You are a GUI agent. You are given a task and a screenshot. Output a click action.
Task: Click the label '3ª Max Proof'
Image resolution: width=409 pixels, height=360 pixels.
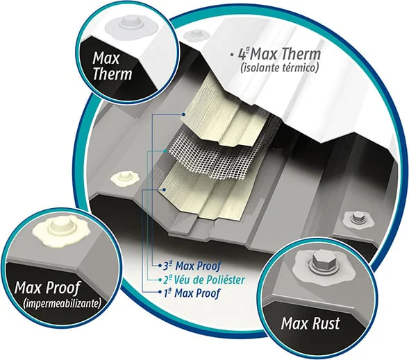[x=192, y=266]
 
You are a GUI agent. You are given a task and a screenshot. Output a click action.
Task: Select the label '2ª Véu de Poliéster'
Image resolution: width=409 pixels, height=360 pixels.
[x=204, y=280]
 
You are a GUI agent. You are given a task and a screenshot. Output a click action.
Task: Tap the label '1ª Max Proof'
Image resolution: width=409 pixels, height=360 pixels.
[x=192, y=293]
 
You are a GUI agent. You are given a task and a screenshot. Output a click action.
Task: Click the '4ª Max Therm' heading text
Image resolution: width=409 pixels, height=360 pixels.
[x=279, y=53]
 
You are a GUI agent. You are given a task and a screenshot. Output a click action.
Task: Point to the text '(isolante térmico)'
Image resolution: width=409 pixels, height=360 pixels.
[x=280, y=68]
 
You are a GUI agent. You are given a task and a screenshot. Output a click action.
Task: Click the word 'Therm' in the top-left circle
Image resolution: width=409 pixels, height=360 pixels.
[x=112, y=74]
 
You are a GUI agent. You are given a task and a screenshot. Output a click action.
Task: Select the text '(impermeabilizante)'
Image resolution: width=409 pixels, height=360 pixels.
[x=62, y=304]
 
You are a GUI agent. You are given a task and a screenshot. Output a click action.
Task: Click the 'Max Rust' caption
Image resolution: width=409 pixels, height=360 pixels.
[x=310, y=323]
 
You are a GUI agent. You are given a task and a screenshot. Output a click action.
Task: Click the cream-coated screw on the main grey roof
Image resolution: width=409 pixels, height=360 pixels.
[x=125, y=179]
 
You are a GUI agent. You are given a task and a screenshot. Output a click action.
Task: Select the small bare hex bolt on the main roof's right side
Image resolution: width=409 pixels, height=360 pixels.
[x=358, y=218]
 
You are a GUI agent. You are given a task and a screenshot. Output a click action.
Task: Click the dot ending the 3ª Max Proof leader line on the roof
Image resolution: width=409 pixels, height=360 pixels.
[x=184, y=114]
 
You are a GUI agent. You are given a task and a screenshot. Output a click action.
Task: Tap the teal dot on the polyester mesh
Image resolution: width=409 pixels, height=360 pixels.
[x=165, y=151]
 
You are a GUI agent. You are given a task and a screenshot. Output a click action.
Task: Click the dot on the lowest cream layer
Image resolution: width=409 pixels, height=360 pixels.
[x=164, y=190]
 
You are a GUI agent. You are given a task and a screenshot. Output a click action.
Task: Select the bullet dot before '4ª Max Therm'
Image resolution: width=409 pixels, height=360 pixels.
[x=231, y=54]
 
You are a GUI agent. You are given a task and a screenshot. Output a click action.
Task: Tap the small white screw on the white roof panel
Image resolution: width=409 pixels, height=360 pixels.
[x=195, y=34]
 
